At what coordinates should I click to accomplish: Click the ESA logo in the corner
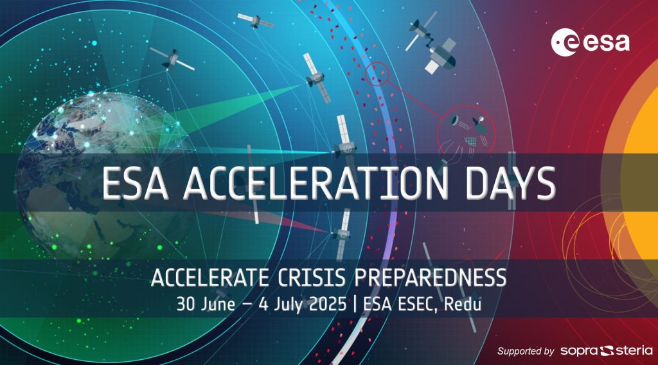[x=591, y=42]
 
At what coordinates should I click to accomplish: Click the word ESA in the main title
[x=135, y=183]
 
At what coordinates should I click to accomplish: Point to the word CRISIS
[x=312, y=278]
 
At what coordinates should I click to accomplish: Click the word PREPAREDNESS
[x=431, y=278]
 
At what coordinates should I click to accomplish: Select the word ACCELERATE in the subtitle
[x=210, y=278]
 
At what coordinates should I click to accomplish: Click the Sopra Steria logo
[x=607, y=351]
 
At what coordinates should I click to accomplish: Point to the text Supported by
[x=526, y=351]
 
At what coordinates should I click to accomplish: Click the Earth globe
[x=105, y=176]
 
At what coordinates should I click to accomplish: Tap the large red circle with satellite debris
[x=467, y=134]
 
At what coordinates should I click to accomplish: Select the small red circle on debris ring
[x=377, y=74]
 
